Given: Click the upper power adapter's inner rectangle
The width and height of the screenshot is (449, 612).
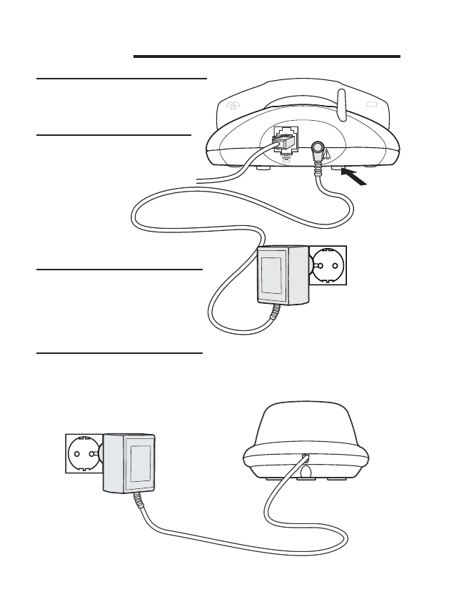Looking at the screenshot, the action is coord(271,274).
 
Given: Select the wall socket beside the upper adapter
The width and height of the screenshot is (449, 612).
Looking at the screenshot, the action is coord(326,266).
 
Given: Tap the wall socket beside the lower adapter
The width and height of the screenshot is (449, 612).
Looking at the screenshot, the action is coord(83,453).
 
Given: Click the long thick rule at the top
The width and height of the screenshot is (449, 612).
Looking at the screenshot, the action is coord(266,55).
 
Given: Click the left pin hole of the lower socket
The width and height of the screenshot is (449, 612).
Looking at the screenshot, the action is coord(75,454).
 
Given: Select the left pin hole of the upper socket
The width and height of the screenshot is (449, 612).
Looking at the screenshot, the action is coord(320,266).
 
